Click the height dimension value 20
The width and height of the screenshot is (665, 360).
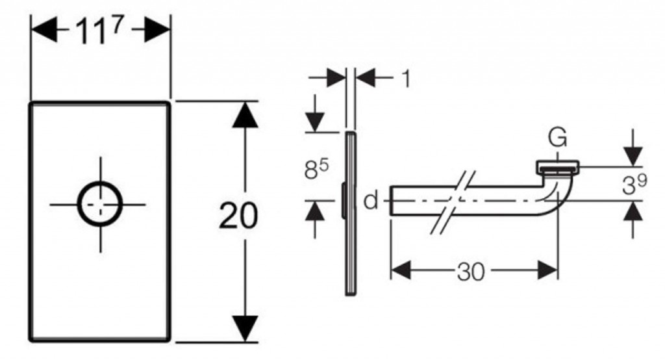238,216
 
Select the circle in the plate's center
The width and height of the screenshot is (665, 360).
100,203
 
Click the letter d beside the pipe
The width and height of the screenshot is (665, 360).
371,201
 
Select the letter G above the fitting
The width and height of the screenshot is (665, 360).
557,138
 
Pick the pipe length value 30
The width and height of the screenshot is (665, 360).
471,272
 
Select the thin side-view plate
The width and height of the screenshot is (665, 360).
351,214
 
